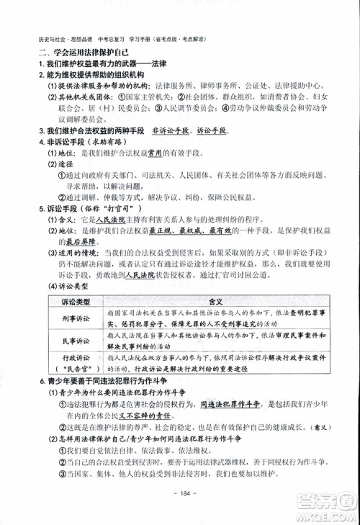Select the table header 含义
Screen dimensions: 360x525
click(x=216, y=302)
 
